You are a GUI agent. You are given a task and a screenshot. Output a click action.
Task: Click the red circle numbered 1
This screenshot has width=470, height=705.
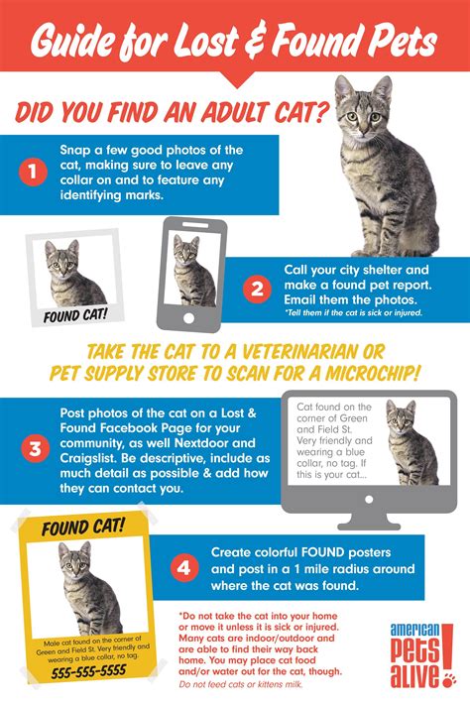[x=33, y=171]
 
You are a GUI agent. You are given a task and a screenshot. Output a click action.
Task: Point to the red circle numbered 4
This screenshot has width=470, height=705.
[x=181, y=568]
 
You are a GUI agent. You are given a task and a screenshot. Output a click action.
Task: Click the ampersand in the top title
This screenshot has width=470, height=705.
[x=276, y=42]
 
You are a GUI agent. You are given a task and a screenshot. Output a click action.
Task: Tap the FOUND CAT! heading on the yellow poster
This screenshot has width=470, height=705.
[x=84, y=529]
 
